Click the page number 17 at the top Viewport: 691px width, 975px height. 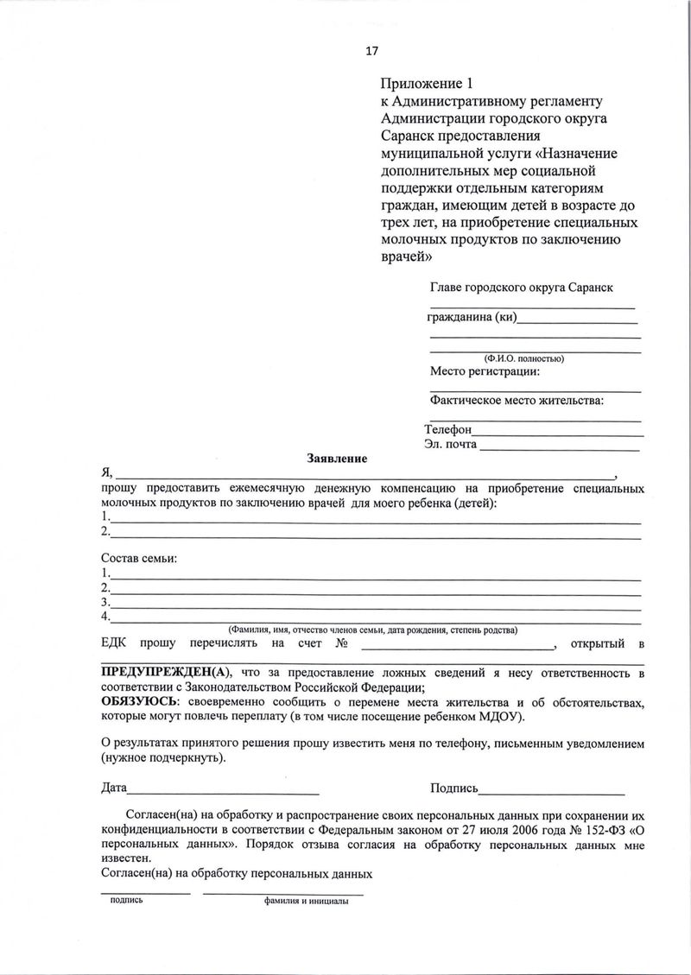pos(372,51)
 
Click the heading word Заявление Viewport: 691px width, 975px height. pos(338,458)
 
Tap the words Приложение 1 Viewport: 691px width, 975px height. pos(428,85)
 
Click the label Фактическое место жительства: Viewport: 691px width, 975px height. pos(517,400)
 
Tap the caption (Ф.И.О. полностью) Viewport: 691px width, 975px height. pos(524,358)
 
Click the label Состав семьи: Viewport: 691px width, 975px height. pos(139,558)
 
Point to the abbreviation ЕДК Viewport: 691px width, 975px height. pos(116,643)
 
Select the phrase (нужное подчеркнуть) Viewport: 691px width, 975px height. pos(164,758)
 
